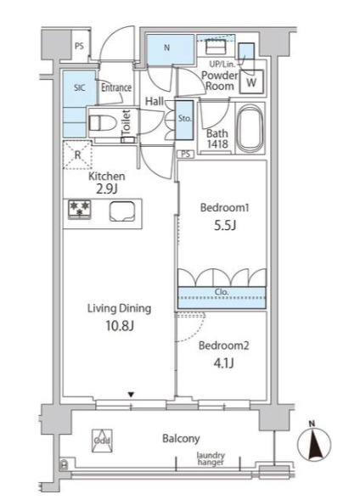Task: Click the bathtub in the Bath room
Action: click(x=250, y=128)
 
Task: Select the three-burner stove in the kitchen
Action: click(x=79, y=210)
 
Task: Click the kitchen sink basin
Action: click(x=122, y=211)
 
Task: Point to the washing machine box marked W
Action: click(x=251, y=81)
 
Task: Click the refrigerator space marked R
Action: click(x=77, y=154)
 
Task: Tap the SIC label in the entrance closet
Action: click(x=80, y=87)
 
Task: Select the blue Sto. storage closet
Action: click(x=184, y=120)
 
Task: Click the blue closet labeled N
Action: click(x=171, y=49)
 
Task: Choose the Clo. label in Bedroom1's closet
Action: click(x=222, y=292)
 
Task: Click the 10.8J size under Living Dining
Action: click(x=119, y=326)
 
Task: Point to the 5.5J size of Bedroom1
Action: click(x=225, y=226)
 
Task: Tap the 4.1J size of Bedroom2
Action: click(x=224, y=362)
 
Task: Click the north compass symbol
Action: click(x=314, y=443)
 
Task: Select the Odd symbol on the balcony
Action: click(x=102, y=441)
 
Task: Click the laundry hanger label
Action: click(x=211, y=458)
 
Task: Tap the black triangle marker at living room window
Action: click(x=131, y=395)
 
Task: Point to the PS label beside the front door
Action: click(x=79, y=46)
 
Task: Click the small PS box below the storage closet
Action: click(x=186, y=154)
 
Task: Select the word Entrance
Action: click(x=116, y=87)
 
